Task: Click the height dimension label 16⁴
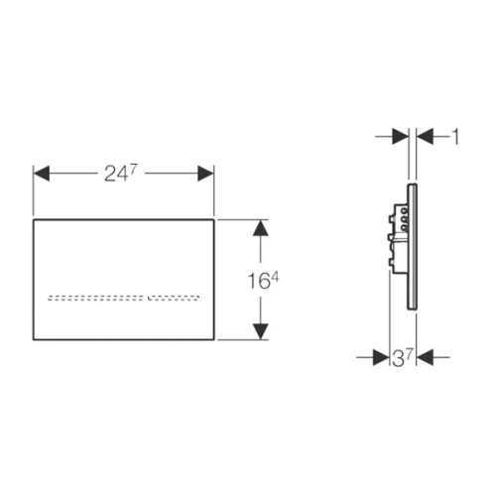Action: point(263,281)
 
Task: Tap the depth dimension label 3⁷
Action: point(403,358)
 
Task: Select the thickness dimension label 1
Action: point(455,137)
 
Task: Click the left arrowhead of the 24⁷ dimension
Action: point(42,174)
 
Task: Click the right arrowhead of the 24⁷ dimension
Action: point(205,174)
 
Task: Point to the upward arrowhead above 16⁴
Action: point(261,228)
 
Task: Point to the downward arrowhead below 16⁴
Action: point(261,331)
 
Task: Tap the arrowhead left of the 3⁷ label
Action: point(381,357)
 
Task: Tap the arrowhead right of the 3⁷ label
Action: point(425,357)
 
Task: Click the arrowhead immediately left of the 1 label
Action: point(425,137)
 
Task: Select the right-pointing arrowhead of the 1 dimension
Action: point(401,137)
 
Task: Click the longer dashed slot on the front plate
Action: point(96,298)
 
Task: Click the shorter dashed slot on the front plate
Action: point(174,298)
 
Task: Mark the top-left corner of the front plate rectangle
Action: point(33,219)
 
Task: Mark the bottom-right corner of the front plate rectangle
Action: point(214,339)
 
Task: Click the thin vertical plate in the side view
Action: point(412,247)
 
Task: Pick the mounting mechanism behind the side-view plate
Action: point(398,239)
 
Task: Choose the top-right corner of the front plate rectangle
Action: point(214,219)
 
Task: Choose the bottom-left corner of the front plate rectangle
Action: point(33,339)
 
